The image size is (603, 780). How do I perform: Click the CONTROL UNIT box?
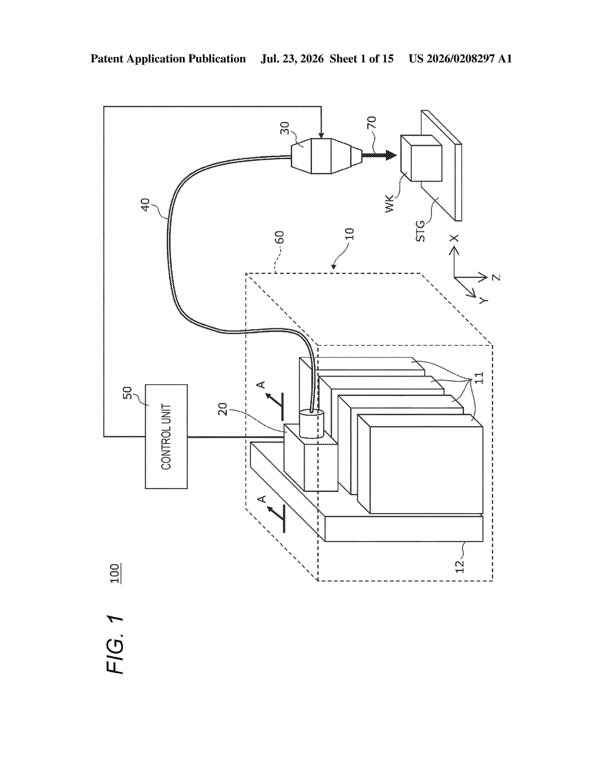point(166,436)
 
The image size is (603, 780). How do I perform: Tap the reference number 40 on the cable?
point(145,205)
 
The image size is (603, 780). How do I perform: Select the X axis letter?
point(454,238)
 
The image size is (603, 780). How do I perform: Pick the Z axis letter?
point(496,277)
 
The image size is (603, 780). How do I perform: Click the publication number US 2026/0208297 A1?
point(460,59)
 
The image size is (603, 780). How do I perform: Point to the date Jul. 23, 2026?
point(292,59)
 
